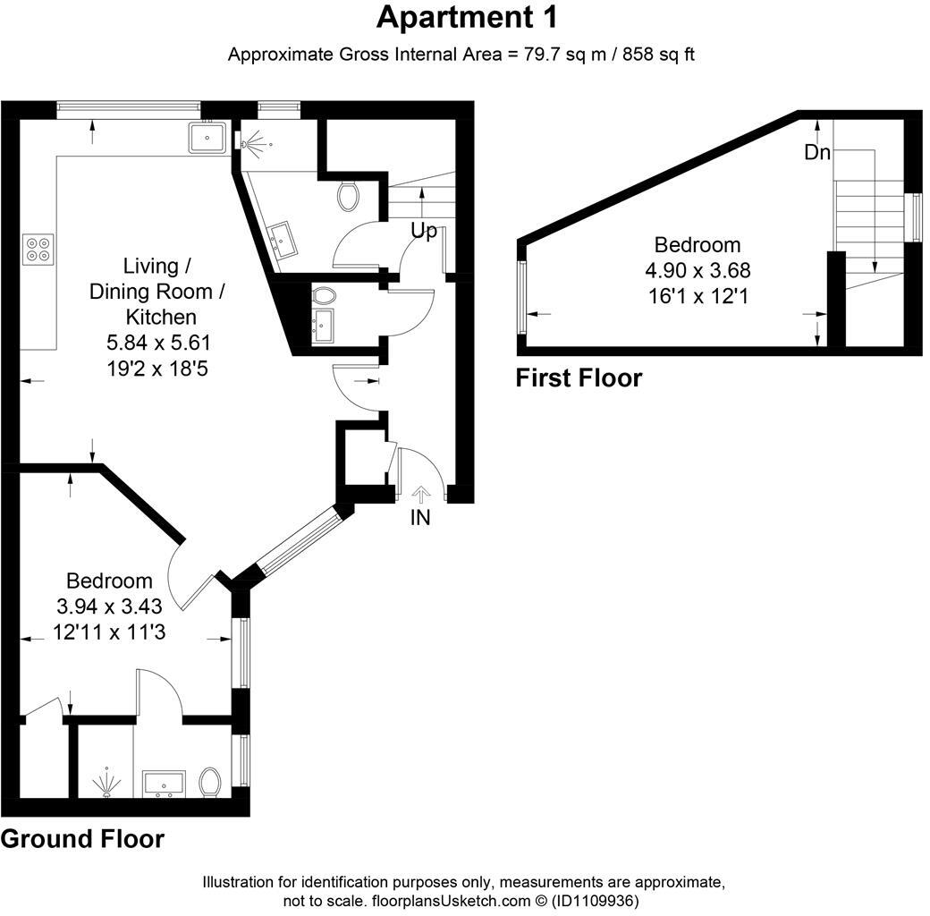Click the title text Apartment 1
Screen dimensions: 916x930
[467, 17]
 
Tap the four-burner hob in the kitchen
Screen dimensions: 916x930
[38, 248]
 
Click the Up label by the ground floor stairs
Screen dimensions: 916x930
[423, 231]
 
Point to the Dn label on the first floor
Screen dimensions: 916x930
[816, 153]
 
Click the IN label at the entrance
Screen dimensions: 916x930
[420, 518]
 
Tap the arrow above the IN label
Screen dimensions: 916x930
[421, 492]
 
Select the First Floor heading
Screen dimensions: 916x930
[579, 378]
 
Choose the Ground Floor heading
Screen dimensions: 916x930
[82, 839]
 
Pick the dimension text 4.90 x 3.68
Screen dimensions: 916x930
[697, 270]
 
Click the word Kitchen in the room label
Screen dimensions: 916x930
[161, 316]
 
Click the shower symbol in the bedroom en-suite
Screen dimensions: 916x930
[106, 781]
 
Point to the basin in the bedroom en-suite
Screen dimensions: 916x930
[164, 784]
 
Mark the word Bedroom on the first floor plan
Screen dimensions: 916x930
[697, 245]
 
